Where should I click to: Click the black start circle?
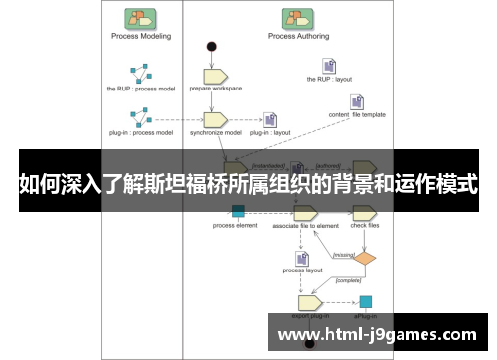point(211,46)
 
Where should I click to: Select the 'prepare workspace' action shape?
point(216,75)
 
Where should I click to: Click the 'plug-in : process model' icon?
point(139,116)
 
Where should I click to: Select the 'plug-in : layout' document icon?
point(269,120)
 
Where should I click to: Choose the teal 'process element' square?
point(237,211)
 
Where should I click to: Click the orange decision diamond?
point(366,258)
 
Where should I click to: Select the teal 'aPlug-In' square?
point(366,301)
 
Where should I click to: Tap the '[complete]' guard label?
point(347,279)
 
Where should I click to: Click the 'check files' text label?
point(365,226)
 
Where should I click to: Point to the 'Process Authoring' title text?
point(295,36)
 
